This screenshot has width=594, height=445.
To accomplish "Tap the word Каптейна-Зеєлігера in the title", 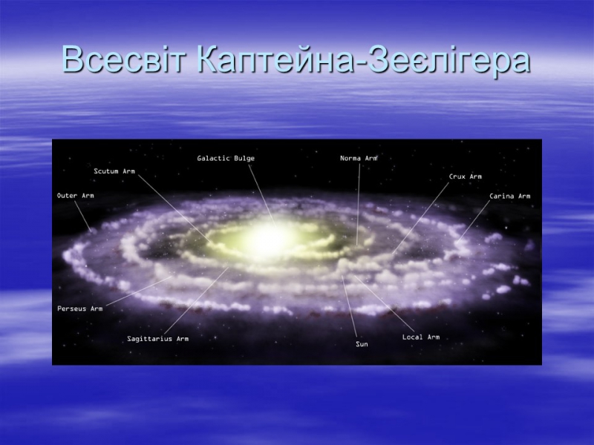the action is click(x=363, y=59).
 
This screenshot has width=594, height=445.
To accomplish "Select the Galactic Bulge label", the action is click(x=226, y=158).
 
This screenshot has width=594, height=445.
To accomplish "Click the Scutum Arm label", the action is click(x=114, y=171).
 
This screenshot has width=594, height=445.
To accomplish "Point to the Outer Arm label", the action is click(x=76, y=196).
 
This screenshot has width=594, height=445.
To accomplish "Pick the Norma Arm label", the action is click(x=359, y=158).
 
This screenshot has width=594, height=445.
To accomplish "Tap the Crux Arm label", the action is click(x=466, y=177).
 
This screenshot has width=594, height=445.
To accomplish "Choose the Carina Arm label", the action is click(x=509, y=196).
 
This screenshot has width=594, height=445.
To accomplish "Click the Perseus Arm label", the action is click(x=80, y=309).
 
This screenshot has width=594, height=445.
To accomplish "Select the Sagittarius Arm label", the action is click(x=157, y=339).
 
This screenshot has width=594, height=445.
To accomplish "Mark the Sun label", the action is click(x=362, y=344).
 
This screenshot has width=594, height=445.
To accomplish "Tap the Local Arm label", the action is click(x=421, y=337).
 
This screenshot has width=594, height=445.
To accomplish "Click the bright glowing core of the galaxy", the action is click(x=270, y=239).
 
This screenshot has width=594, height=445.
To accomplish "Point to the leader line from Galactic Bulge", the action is click(x=261, y=195).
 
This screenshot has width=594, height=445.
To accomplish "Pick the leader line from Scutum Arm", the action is click(x=173, y=208).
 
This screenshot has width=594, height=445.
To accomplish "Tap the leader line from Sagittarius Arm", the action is click(x=196, y=301).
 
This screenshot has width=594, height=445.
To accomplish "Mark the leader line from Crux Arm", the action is click(x=420, y=218).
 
